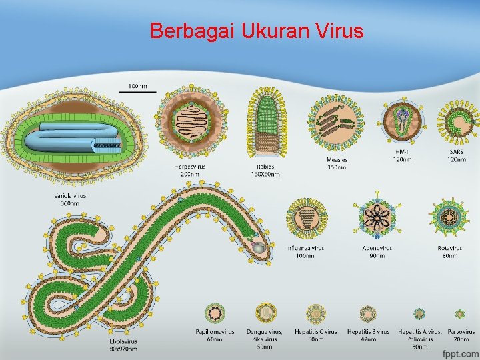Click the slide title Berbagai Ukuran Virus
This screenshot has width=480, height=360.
click(257, 31)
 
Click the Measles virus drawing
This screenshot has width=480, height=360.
click(337, 122)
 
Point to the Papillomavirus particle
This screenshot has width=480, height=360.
click(215, 313)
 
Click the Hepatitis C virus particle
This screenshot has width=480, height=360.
click(315, 313)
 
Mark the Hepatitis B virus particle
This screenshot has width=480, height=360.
click(368, 313)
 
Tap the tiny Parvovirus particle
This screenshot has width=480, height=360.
click(459, 313)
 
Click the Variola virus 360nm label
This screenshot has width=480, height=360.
click(70, 199)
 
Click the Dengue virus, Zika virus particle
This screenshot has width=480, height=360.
click(265, 313)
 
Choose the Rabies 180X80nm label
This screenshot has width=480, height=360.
click(265, 171)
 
